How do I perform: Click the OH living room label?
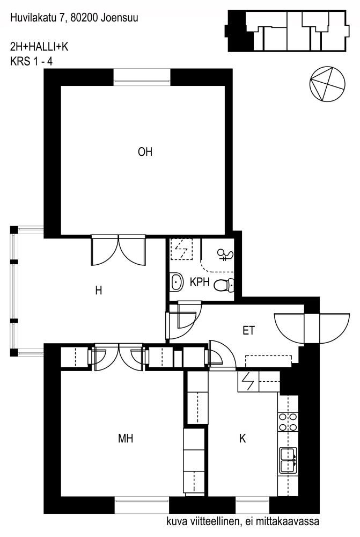point(145,152)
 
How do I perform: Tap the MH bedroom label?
point(125,438)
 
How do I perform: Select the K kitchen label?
point(243,438)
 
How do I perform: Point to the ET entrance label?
point(249,330)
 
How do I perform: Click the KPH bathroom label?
point(200,282)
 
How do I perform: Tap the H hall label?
point(99,291)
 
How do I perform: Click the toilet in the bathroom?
point(224,285)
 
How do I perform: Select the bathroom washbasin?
point(177,282)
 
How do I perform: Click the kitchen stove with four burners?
point(288,422)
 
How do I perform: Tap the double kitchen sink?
point(288,460)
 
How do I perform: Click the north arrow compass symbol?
point(327,84)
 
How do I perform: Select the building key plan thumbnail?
point(287,31)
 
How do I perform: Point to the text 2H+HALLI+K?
point(39,47)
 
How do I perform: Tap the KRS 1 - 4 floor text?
point(32,62)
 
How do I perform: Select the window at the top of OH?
point(142,77)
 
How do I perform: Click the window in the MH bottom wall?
point(142,505)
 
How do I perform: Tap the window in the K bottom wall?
point(252,505)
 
